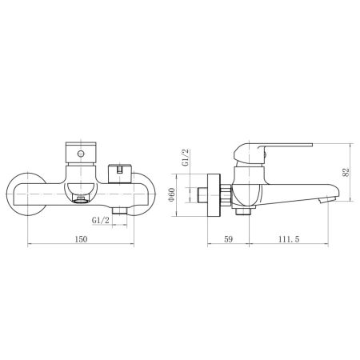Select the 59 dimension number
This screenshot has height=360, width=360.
point(228,238)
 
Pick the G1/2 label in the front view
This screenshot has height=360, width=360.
point(101,220)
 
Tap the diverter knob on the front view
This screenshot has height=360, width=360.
point(119,170)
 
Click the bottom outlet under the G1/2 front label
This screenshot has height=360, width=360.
point(120,209)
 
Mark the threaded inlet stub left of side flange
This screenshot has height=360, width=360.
point(200,194)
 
